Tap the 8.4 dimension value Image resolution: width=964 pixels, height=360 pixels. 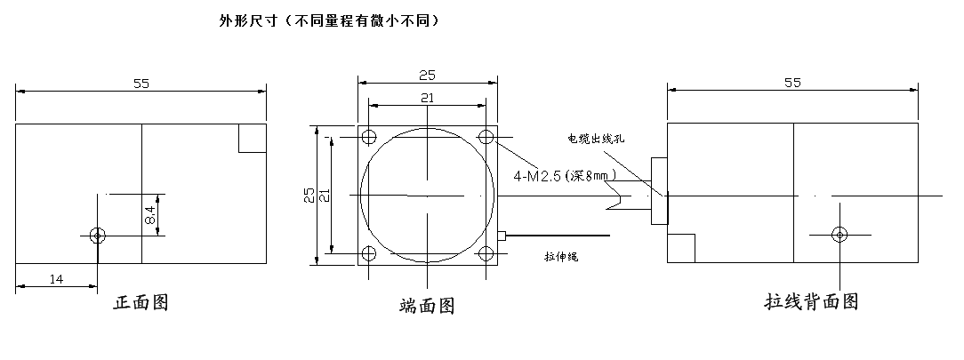[151, 214]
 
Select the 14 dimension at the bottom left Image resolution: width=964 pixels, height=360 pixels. [56, 279]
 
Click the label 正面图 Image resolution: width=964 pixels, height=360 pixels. [141, 303]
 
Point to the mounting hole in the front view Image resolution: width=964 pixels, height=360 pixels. [98, 235]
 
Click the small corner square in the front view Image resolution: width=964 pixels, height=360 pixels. [253, 138]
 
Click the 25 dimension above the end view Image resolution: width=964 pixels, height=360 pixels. [427, 76]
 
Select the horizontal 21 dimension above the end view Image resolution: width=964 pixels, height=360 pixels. [427, 99]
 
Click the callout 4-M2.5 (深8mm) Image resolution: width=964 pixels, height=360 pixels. [564, 176]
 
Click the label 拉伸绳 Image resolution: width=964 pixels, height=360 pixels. [561, 258]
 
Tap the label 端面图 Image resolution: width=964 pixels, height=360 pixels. [427, 307]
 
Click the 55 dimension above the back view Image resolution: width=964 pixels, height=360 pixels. [792, 83]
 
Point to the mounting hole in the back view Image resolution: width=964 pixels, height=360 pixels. [839, 234]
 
